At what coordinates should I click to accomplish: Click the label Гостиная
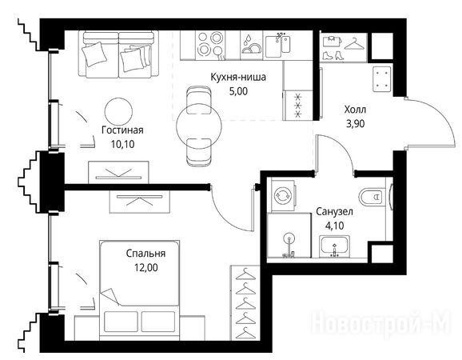[122, 130]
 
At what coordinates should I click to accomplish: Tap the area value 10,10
[122, 144]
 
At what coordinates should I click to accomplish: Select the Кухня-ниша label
[238, 77]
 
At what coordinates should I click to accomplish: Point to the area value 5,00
[238, 91]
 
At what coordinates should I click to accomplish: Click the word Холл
[355, 110]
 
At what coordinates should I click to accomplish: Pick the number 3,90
[356, 123]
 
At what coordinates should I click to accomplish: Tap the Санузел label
[334, 212]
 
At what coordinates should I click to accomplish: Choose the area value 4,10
[334, 226]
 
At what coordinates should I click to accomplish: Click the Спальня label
[145, 254]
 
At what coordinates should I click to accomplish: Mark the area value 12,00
[145, 267]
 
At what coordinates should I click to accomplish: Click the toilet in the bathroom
[372, 196]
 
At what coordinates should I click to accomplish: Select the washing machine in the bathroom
[283, 196]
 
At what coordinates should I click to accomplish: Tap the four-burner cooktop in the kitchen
[209, 44]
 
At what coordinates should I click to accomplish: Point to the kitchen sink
[277, 46]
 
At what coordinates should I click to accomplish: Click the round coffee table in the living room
[118, 111]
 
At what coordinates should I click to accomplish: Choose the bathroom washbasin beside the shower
[334, 246]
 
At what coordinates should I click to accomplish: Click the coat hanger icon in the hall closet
[354, 44]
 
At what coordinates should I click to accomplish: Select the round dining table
[199, 126]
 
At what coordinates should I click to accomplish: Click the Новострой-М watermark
[381, 323]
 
